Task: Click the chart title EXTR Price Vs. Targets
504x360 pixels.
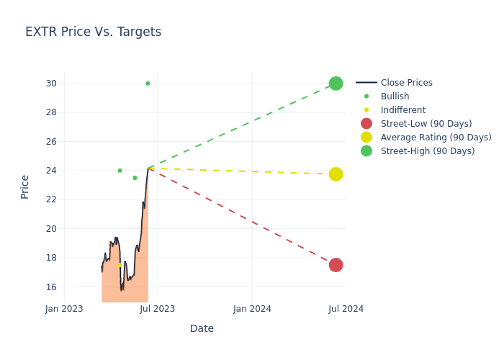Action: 93,32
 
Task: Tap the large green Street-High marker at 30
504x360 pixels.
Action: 336,84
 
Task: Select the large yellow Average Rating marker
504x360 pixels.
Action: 336,174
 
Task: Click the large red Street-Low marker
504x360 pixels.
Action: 336,265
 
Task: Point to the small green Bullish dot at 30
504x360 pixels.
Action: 148,84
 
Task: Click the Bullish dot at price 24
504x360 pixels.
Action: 120,171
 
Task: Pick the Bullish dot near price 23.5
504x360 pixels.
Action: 135,178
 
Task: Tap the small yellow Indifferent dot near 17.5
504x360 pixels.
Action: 120,265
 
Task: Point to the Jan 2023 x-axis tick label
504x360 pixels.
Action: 64,309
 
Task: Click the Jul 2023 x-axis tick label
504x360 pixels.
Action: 158,309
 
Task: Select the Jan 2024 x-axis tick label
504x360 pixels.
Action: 253,309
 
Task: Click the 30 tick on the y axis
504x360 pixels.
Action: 51,84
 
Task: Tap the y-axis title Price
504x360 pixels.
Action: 25,186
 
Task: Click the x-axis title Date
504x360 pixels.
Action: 202,329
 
